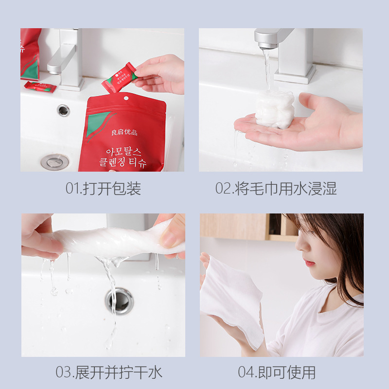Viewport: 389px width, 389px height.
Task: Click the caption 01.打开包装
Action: [103, 188]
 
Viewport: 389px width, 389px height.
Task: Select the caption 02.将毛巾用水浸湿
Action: [276, 188]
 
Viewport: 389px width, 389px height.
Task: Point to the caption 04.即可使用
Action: [277, 372]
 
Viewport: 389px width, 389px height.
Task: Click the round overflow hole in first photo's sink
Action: [63, 110]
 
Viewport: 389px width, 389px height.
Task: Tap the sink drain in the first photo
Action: [54, 161]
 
